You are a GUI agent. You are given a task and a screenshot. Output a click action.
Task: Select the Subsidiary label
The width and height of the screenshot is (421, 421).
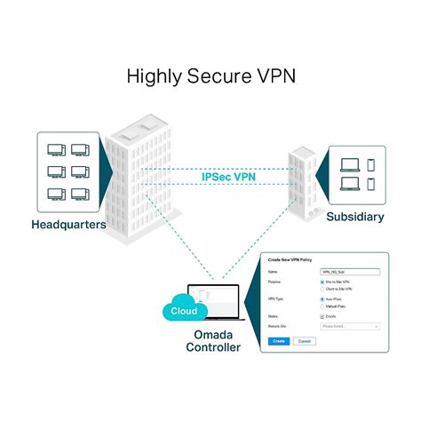[356, 216]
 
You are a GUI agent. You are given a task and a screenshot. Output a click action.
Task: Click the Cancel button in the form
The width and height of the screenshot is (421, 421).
[305, 341]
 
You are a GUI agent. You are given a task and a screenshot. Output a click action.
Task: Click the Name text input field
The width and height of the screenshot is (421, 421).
[350, 271]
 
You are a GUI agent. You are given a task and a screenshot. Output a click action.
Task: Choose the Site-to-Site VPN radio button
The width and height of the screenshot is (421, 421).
[322, 282]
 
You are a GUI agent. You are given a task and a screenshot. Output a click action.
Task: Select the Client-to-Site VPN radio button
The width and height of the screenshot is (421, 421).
[322, 290]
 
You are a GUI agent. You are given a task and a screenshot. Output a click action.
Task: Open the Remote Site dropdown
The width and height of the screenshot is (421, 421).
[350, 328]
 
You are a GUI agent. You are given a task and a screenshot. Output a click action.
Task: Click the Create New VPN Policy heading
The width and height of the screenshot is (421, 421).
[290, 258]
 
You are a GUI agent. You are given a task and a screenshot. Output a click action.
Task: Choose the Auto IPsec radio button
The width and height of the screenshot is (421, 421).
[322, 300]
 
